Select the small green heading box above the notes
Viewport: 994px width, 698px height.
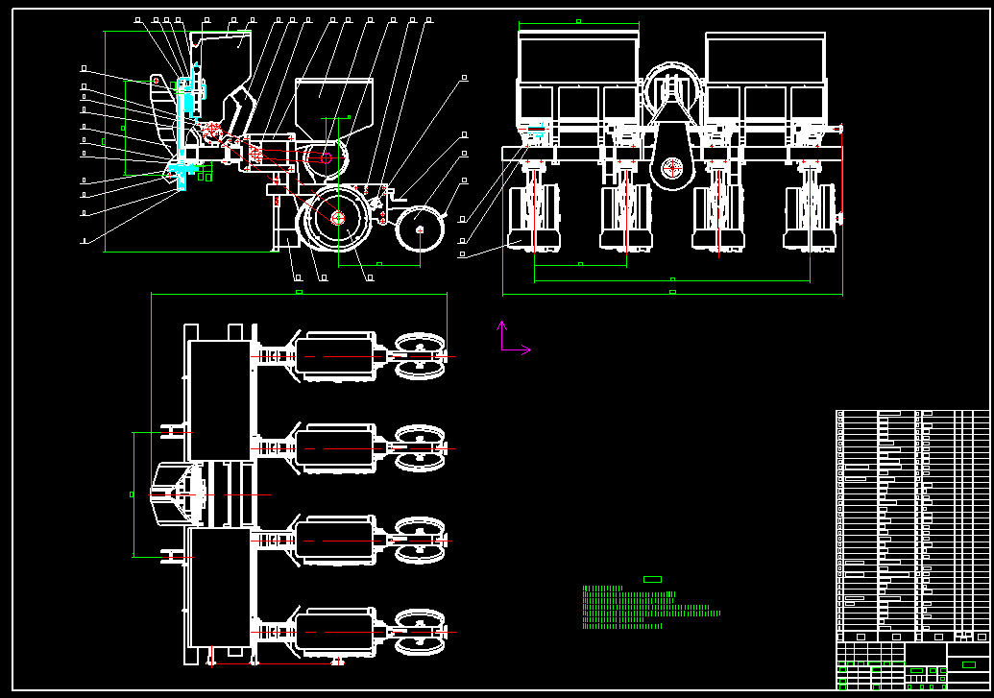pos(652,579)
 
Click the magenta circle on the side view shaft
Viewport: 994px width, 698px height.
pos(326,157)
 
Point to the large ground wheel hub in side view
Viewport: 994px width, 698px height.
pos(338,218)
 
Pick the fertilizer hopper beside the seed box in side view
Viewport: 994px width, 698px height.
pos(333,106)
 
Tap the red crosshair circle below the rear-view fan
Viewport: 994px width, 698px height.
pos(671,169)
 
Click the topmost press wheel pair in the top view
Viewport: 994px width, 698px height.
pos(420,356)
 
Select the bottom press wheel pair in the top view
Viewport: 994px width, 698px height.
pos(420,632)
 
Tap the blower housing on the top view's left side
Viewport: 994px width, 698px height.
pos(178,493)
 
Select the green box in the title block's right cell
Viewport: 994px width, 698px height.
pos(968,664)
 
